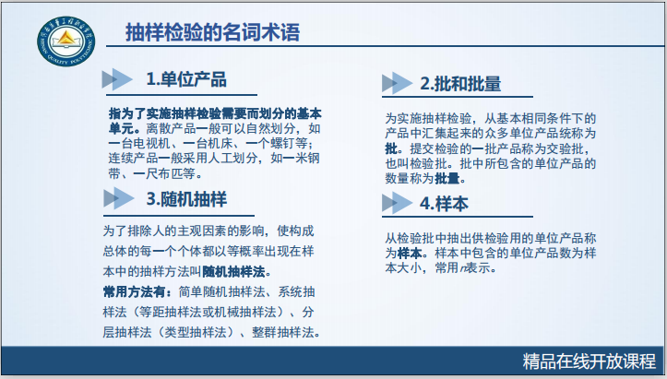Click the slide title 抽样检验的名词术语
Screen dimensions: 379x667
tap(213, 33)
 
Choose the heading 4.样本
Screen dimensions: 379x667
tap(445, 203)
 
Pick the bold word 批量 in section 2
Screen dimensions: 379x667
tap(448, 178)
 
